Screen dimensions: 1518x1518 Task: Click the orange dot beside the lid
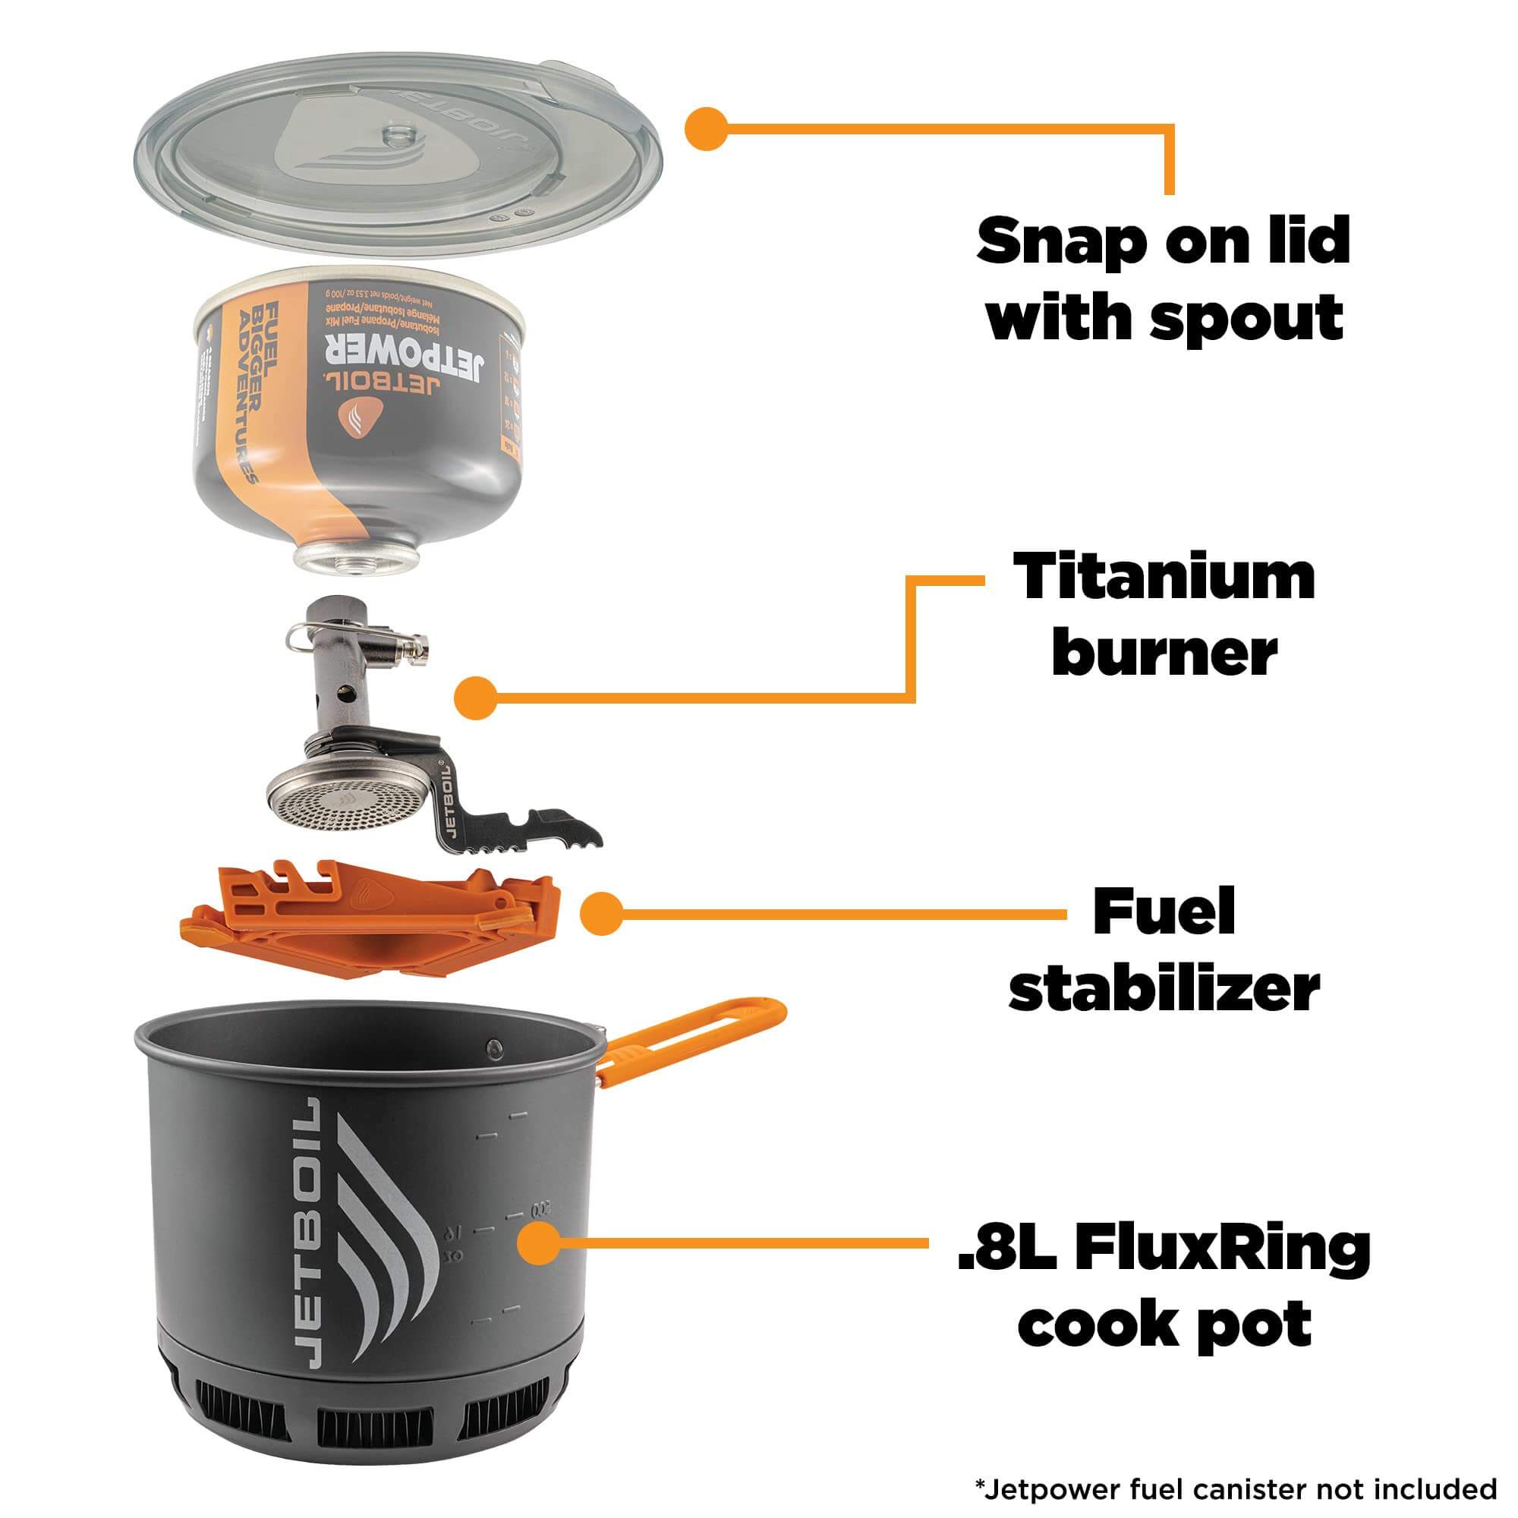point(707,128)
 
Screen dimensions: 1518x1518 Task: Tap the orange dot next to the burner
point(476,697)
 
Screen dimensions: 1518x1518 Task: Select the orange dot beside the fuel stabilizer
point(602,914)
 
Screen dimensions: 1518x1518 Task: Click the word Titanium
point(1164,578)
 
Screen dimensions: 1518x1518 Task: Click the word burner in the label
point(1164,653)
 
